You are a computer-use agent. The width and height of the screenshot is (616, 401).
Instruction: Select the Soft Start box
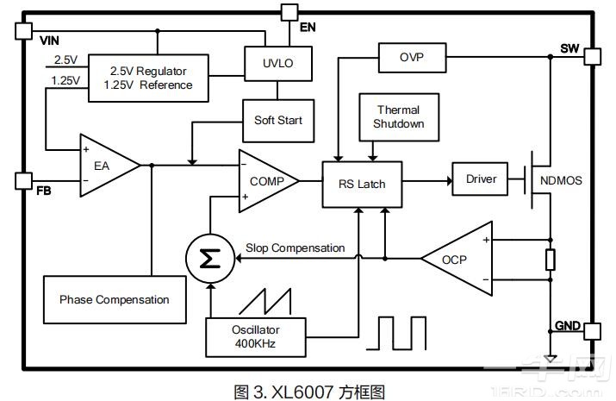point(277,120)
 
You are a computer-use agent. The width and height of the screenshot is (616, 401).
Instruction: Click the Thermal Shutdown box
point(398,117)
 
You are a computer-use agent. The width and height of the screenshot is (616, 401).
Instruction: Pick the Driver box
point(481,179)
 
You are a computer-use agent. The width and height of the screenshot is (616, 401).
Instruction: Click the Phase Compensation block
point(114,299)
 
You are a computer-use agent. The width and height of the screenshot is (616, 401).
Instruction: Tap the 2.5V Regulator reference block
point(146,78)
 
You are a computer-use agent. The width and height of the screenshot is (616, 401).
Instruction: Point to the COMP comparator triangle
point(264,181)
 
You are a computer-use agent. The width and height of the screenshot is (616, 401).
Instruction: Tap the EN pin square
point(289,12)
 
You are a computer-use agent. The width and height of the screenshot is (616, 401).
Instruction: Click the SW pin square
point(593,57)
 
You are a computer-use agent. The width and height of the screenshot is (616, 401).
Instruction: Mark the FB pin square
point(23,180)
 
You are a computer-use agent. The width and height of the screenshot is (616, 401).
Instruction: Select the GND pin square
point(593,329)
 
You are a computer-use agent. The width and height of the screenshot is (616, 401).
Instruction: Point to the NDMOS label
point(561,182)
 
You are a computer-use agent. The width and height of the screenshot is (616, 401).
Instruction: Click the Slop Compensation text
point(295,248)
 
